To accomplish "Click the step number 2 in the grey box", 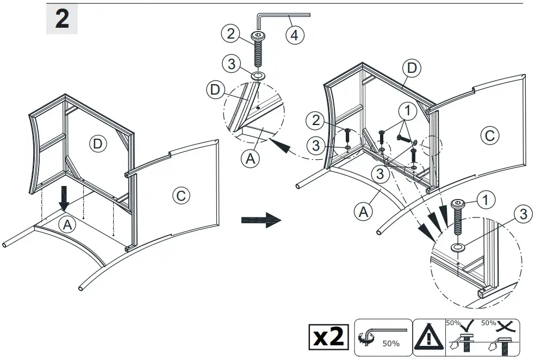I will pyautogui.click(x=63, y=20).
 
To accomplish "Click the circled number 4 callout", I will pyautogui.click(x=294, y=36).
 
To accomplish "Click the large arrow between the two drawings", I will pyautogui.click(x=260, y=220).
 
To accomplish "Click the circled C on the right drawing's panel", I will pyautogui.click(x=489, y=135).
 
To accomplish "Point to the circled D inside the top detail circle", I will pyautogui.click(x=216, y=90).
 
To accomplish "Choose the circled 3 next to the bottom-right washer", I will pyautogui.click(x=522, y=214).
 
